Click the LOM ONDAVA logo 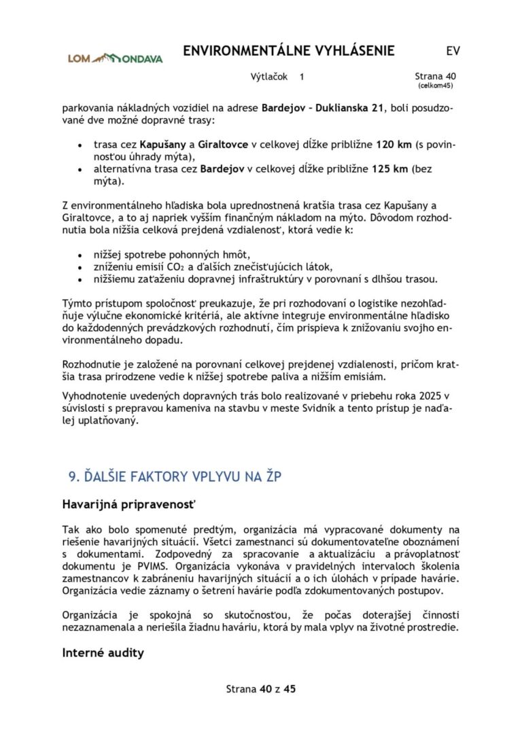[x=115, y=58]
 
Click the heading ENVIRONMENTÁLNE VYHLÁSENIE [x=289, y=51]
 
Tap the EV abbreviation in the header [x=453, y=51]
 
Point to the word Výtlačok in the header [x=270, y=77]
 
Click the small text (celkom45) [x=435, y=86]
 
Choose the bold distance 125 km [x=390, y=169]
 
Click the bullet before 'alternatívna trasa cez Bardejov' [x=80, y=170]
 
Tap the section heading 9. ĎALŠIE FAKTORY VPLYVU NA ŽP [x=175, y=477]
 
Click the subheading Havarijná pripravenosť [x=128, y=506]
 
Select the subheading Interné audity [x=103, y=652]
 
